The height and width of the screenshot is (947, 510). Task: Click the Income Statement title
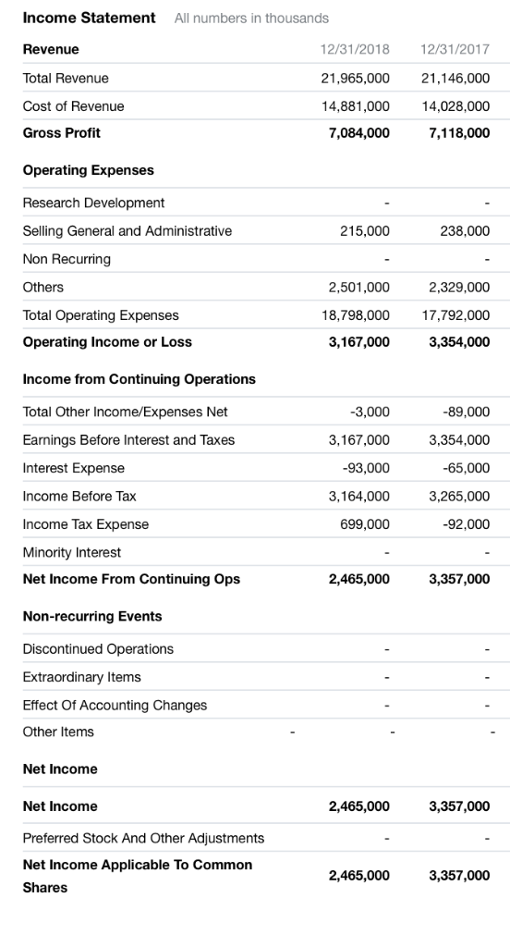click(89, 18)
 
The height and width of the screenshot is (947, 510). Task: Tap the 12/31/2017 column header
click(455, 49)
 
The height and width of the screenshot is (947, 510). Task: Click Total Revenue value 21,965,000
click(355, 79)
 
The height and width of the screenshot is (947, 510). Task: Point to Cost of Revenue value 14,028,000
click(455, 106)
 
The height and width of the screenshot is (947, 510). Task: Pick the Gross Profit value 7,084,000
click(359, 133)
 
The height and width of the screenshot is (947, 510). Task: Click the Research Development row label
click(93, 203)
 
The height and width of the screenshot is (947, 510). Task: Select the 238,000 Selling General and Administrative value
click(465, 230)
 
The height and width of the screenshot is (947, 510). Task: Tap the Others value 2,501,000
click(359, 287)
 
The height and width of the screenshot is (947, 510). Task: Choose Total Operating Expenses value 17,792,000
click(455, 315)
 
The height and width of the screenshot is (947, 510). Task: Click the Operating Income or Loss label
click(107, 342)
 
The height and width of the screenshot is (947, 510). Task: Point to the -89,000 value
click(467, 412)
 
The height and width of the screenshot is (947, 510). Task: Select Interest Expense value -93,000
click(364, 468)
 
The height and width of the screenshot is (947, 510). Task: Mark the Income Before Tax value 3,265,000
click(459, 497)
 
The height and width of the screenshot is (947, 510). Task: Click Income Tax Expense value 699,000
click(364, 524)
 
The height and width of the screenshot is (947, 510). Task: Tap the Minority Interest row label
click(72, 552)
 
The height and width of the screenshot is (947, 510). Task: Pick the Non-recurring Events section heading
click(92, 616)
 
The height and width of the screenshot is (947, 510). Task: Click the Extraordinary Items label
click(81, 677)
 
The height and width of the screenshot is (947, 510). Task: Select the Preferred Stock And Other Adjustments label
click(143, 838)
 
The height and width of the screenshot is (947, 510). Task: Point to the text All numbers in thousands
click(251, 18)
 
